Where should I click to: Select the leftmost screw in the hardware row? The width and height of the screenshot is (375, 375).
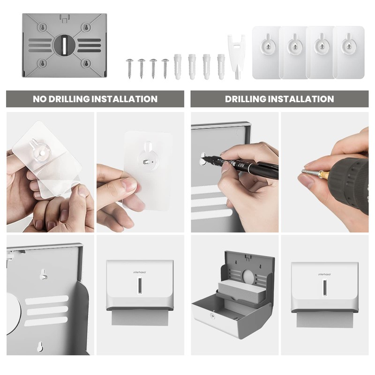[129, 67]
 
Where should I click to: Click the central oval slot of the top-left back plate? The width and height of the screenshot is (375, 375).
[62, 45]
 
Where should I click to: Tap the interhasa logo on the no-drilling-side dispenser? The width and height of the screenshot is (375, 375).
[139, 271]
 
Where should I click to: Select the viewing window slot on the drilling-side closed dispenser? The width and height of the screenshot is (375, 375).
[324, 287]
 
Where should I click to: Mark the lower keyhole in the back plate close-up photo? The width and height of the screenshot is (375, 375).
[40, 346]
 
